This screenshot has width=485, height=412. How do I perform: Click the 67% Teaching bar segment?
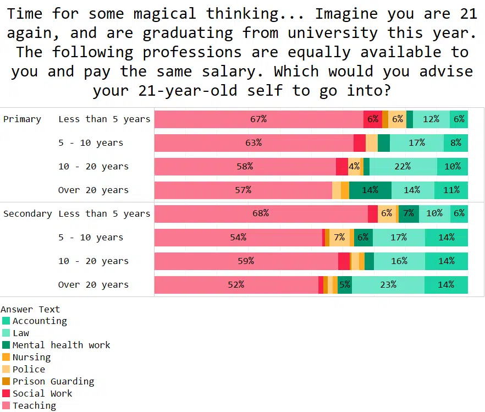click(258, 119)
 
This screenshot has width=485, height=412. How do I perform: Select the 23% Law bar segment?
click(388, 285)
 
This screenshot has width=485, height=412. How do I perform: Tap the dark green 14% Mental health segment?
click(370, 190)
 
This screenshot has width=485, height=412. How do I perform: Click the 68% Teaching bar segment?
click(261, 214)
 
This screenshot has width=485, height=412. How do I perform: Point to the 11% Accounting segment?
click(451, 190)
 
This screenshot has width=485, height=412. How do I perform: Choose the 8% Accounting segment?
click(456, 143)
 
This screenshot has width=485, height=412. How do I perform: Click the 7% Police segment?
click(339, 238)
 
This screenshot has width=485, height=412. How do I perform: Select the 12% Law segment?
click(431, 119)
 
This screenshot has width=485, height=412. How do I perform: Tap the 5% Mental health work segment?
click(345, 285)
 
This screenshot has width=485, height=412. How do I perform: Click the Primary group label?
click(22, 119)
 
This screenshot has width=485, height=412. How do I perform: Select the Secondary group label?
click(27, 214)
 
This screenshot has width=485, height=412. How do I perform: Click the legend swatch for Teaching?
click(6, 406)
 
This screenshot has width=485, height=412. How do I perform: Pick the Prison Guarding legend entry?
click(53, 382)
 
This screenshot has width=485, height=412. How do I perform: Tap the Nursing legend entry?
click(31, 358)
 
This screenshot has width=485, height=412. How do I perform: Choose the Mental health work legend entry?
click(61, 345)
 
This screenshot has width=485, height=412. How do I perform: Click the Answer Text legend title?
click(30, 310)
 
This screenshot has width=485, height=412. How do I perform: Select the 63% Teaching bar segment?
click(253, 143)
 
